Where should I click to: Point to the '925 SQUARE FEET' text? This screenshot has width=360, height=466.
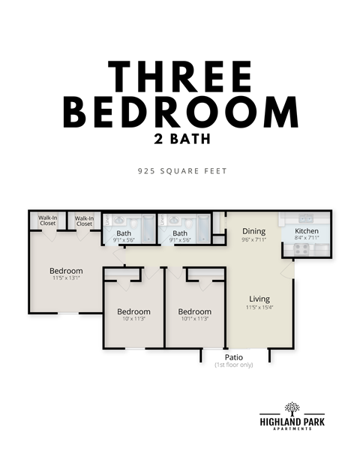coord(181,171)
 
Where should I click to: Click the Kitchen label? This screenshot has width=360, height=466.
coord(306,230)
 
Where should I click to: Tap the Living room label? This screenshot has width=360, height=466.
coord(259,297)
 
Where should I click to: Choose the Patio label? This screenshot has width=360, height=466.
coord(233,357)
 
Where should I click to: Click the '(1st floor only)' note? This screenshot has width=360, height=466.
coord(233,365)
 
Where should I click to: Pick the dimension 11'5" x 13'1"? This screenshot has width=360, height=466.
coord(66,278)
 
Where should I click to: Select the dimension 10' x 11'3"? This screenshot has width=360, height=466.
coord(133,319)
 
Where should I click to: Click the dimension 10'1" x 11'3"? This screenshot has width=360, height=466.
coord(193,319)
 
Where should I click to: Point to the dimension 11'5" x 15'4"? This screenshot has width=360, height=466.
coord(259,306)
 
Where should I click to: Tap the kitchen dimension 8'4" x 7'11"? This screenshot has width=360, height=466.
coord(306,238)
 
